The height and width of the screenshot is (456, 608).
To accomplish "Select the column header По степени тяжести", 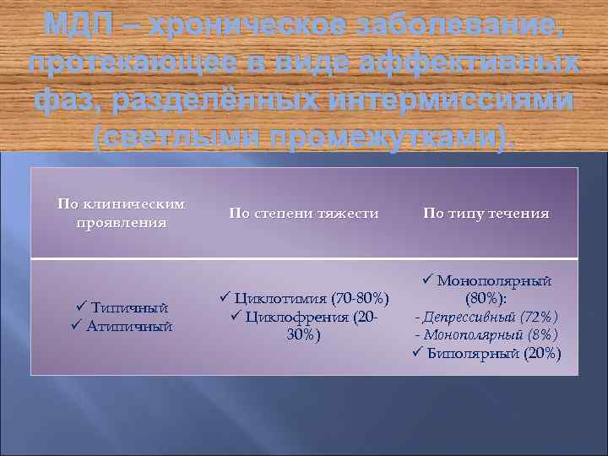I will coord(304,214).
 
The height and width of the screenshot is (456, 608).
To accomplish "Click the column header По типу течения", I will coord(486,214).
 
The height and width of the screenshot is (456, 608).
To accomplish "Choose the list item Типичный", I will coord(128,308).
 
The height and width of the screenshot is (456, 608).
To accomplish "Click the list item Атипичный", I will coord(129,325).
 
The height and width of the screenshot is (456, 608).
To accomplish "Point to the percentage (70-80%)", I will coord(361,298).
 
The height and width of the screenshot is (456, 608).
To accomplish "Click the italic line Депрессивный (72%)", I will coord(486,317).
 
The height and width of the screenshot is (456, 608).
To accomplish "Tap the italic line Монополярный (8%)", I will coord(486,334).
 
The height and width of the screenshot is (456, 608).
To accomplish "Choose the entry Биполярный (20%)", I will coord(493,353).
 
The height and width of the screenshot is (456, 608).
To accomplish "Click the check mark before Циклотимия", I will coord(224,297).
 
